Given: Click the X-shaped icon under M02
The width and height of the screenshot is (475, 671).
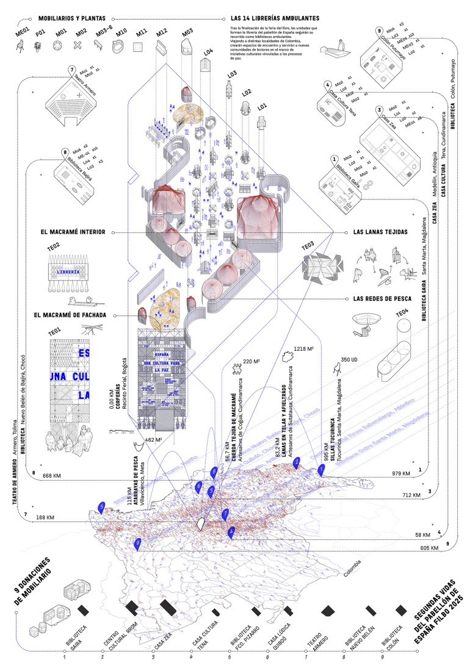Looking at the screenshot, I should point(77,45).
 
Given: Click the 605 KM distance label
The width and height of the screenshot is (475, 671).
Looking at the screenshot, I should point(430,548).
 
